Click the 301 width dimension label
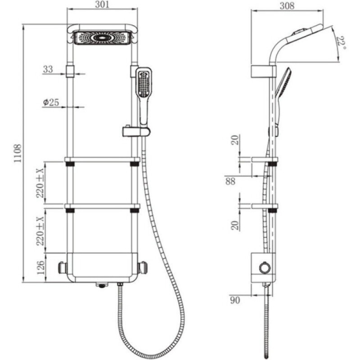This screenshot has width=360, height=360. click(102, 4)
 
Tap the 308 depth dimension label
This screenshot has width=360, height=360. click(287, 5)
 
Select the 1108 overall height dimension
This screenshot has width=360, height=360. click(18, 153)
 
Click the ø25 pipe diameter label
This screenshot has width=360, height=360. click(51, 102)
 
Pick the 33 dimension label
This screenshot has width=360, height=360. click(48, 69)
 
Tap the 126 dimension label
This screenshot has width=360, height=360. click(40, 268)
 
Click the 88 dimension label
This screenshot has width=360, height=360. click(230, 181)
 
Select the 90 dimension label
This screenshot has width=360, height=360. click(235, 300)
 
